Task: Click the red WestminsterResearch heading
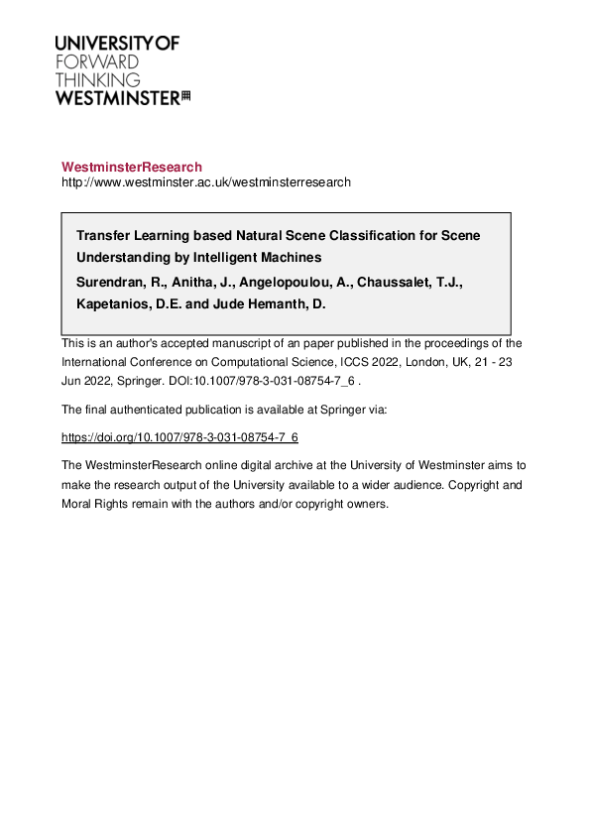click(131, 167)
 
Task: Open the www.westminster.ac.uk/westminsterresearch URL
click(205, 182)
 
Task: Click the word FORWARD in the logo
click(97, 61)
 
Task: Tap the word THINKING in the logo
click(98, 79)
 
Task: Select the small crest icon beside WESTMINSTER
click(185, 96)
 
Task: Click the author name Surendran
click(114, 282)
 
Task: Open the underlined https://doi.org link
click(179, 436)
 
